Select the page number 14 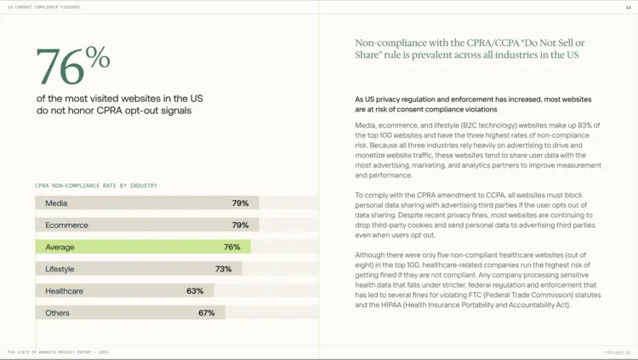tap(628, 7)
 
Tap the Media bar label tap(56, 203)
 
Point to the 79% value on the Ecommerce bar tap(240, 226)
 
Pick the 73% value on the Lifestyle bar tap(223, 269)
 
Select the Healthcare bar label tap(64, 291)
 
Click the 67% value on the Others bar tap(206, 313)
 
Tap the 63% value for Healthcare tap(195, 291)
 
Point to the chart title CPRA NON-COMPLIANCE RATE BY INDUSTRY tap(96, 186)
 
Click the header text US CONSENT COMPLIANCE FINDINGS tap(43, 7)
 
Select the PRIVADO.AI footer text tap(617, 352)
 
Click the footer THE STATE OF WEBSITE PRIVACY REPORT tap(58, 352)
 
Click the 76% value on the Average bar tap(231, 247)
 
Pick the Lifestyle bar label tap(60, 269)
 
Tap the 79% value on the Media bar tap(240, 203)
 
